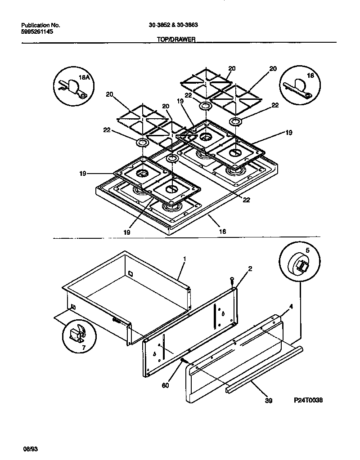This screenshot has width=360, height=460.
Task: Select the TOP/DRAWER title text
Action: click(x=175, y=40)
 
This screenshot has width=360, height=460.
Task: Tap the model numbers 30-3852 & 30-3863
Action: click(x=173, y=25)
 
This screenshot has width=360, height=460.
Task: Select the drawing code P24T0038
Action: click(x=308, y=400)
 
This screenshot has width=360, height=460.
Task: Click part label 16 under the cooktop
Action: click(x=222, y=232)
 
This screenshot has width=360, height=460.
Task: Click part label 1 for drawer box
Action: click(x=184, y=259)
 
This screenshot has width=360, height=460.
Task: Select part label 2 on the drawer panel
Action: click(x=250, y=268)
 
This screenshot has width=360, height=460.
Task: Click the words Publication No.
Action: click(x=41, y=25)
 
